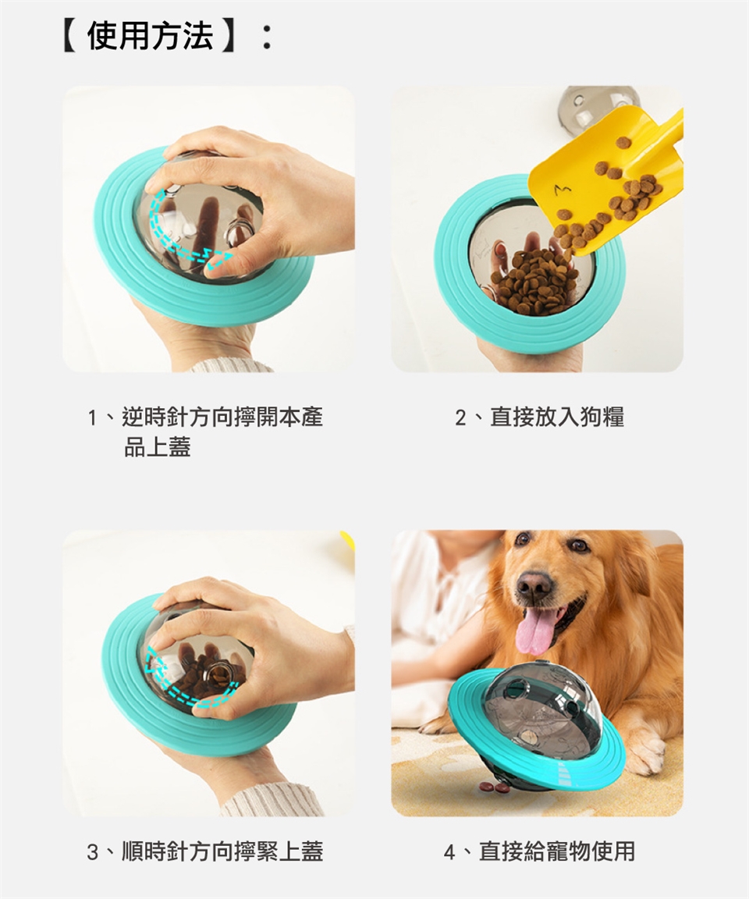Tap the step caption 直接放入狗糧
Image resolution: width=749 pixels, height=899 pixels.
pos(557,417)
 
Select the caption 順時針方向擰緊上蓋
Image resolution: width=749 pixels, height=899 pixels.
pos(222,851)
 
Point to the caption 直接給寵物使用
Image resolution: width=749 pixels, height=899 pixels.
pos(557,851)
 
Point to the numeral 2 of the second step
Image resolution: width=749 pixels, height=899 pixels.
pos(460,418)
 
